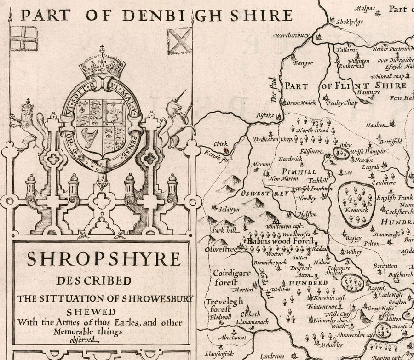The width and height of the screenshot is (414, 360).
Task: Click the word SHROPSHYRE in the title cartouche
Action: (103, 259)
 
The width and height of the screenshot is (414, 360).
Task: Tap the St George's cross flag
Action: (23, 39)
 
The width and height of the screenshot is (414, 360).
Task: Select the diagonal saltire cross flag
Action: (179, 40)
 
